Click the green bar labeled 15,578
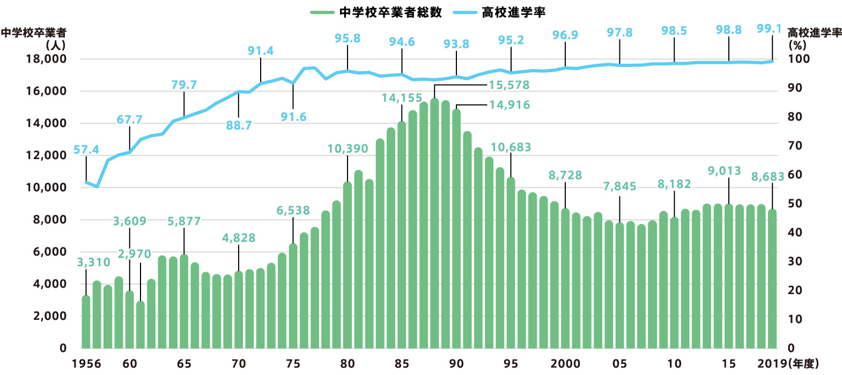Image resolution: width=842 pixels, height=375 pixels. tap(434, 225)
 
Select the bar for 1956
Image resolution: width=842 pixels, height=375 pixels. tap(86, 321)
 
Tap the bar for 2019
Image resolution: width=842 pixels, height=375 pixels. tap(772, 279)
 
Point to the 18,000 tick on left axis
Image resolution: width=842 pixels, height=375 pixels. tap(46, 59)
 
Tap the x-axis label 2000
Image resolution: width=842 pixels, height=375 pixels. tap(565, 363)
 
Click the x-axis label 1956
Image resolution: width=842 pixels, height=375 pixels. tap(86, 363)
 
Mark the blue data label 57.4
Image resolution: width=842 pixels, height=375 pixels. tap(86, 149)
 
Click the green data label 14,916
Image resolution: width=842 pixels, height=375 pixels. tap(509, 105)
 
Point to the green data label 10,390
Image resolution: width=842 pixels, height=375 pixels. tap(348, 148)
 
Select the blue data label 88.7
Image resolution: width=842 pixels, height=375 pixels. tap(239, 125)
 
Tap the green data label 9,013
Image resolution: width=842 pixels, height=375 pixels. tap(724, 171)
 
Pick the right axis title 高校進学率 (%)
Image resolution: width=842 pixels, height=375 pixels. tap(814, 39)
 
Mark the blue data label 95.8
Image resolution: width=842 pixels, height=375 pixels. tap(348, 39)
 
